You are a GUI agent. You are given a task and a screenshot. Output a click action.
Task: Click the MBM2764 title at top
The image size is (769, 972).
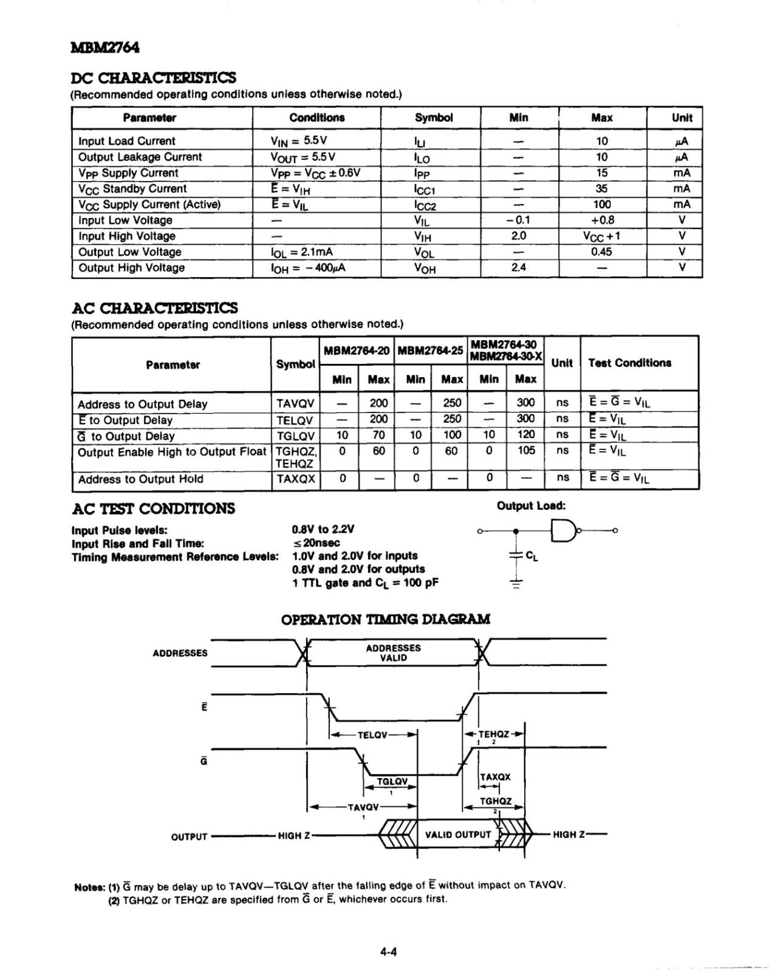[x=105, y=47]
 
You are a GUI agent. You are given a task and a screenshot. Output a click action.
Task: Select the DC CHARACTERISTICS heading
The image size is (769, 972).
[x=153, y=78]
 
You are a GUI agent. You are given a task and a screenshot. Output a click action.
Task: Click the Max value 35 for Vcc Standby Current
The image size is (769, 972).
[x=601, y=189]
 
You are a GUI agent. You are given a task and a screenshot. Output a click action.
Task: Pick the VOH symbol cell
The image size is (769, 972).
[x=425, y=269]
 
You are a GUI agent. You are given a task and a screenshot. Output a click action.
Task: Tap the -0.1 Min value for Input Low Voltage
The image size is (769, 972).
[x=518, y=221]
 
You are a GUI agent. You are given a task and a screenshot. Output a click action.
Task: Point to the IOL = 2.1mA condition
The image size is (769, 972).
[x=302, y=252]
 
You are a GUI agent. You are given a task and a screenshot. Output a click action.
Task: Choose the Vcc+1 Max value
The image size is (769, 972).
[x=601, y=236]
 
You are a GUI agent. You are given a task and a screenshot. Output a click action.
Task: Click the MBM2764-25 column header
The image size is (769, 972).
[x=431, y=351]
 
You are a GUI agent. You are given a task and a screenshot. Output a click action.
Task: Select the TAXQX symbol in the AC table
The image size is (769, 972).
[x=295, y=479]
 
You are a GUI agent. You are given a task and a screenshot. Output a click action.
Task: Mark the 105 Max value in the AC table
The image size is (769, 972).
[x=525, y=451]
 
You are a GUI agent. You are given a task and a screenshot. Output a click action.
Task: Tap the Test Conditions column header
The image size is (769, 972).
[x=629, y=363]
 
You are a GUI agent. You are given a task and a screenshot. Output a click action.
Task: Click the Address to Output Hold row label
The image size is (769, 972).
[x=140, y=479]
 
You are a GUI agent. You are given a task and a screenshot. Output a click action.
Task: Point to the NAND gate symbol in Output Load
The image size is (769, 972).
[x=563, y=531]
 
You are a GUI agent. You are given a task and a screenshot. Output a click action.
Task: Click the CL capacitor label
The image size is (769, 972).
[x=531, y=555]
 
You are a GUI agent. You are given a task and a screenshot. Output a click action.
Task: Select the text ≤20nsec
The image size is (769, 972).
[x=316, y=543]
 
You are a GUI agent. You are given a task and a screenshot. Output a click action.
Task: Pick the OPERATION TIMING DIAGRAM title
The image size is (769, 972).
[x=385, y=620]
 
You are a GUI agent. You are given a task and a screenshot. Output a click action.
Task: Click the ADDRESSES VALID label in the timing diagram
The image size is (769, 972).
[x=393, y=653]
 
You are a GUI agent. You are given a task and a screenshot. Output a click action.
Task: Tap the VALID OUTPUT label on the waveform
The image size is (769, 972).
[x=457, y=835]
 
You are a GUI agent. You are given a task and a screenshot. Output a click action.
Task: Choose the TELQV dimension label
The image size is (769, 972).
[x=372, y=735]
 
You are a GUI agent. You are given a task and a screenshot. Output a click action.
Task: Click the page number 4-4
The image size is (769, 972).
[x=388, y=952]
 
